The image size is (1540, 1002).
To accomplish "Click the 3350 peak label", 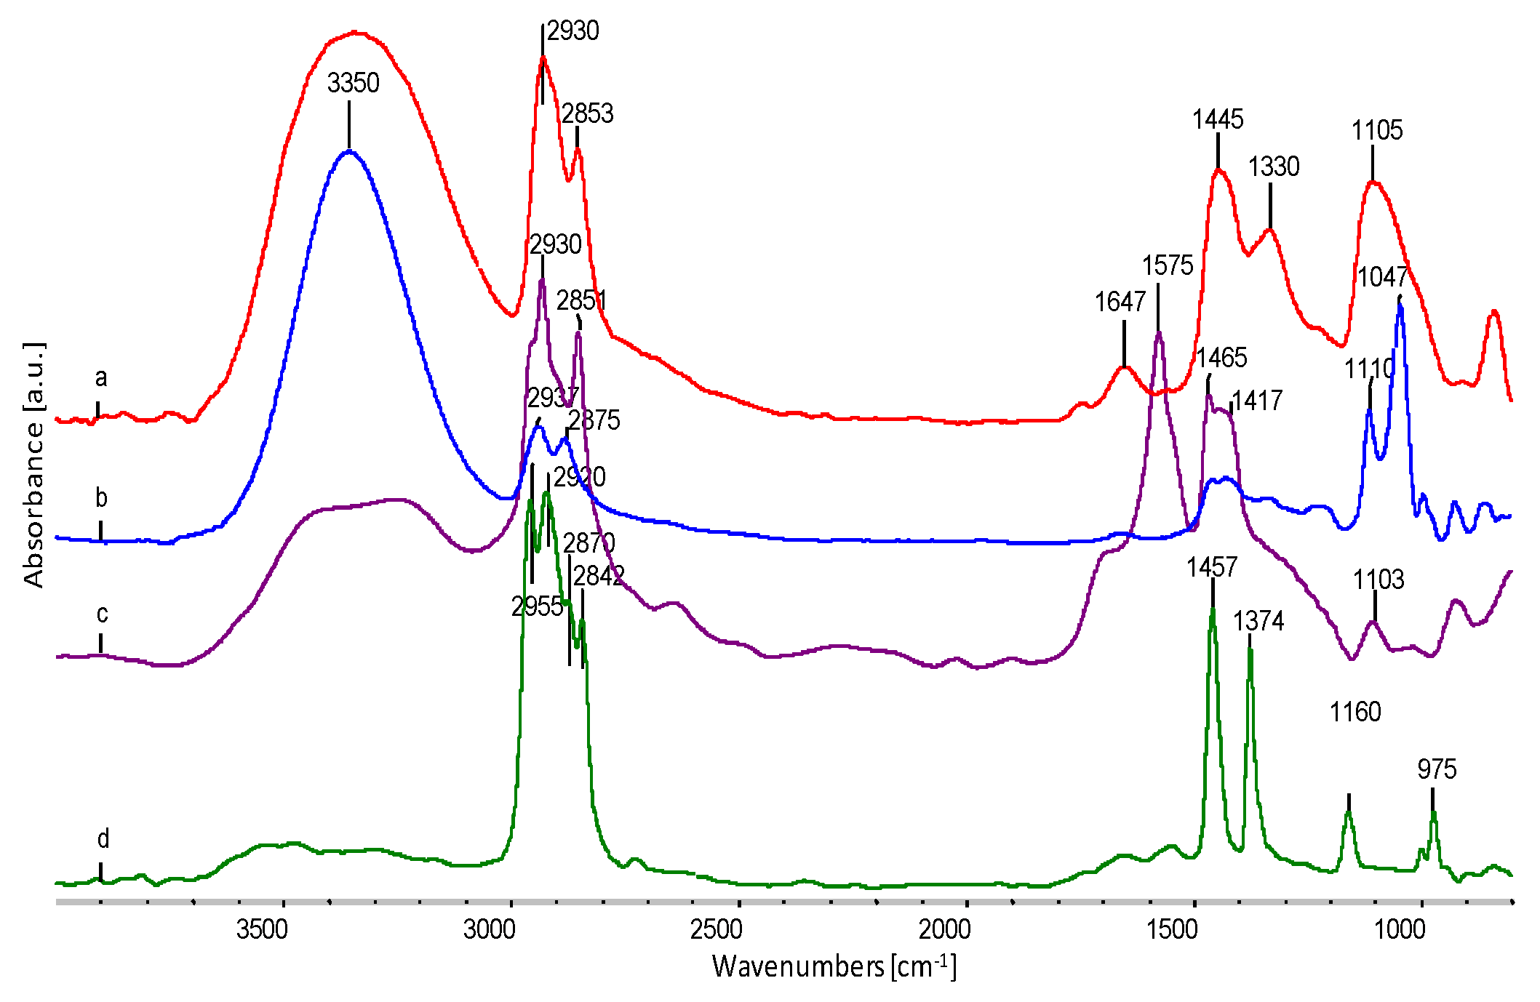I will pyautogui.click(x=353, y=84).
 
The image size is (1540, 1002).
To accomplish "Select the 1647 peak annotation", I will pyautogui.click(x=1120, y=302).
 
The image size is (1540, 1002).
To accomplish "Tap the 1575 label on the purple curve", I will pyautogui.click(x=1167, y=266).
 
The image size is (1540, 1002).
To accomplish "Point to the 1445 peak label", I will pyautogui.click(x=1217, y=119).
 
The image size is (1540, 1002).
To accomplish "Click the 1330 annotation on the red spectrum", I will pyautogui.click(x=1273, y=167).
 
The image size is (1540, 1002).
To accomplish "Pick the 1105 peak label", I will pyautogui.click(x=1376, y=131).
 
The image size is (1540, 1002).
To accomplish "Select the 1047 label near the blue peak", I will pyautogui.click(x=1382, y=277).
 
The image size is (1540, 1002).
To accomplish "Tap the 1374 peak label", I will pyautogui.click(x=1258, y=622).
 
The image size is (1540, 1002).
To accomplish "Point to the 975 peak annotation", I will pyautogui.click(x=1437, y=769).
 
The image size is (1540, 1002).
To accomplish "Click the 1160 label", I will pyautogui.click(x=1355, y=712).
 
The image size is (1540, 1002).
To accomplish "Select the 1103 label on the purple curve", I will pyautogui.click(x=1378, y=580).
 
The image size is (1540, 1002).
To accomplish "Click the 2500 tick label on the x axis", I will pyautogui.click(x=717, y=929).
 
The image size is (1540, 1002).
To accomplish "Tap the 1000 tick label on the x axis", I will pyautogui.click(x=1400, y=929).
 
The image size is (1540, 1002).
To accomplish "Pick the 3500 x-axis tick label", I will pyautogui.click(x=262, y=929).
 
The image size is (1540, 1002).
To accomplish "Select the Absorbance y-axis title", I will pyautogui.click(x=33, y=465).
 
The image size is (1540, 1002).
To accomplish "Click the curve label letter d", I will pyautogui.click(x=103, y=840).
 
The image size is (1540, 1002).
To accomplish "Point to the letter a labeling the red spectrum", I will pyautogui.click(x=101, y=378).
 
